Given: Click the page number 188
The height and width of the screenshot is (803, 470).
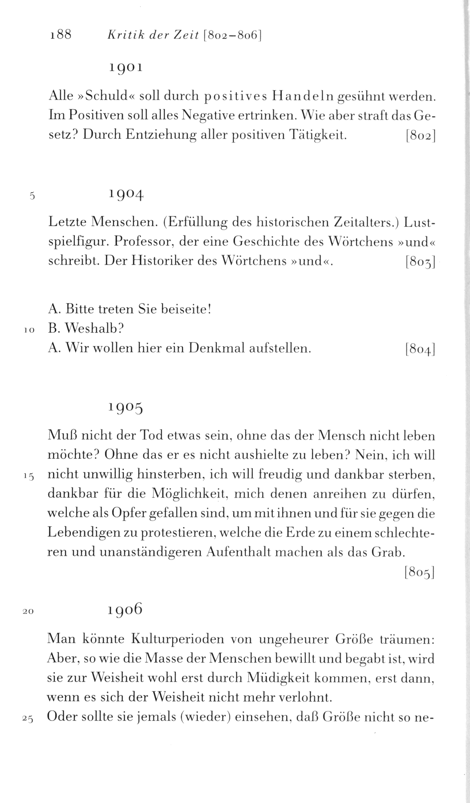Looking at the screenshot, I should pyautogui.click(x=61, y=35).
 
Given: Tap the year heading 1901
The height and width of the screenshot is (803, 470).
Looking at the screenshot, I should pyautogui.click(x=125, y=68).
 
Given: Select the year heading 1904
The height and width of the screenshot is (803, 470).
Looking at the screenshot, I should pyautogui.click(x=125, y=196).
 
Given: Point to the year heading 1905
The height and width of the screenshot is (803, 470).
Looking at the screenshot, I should pyautogui.click(x=125, y=409).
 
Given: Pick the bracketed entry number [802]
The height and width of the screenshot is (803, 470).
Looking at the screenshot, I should pyautogui.click(x=420, y=136).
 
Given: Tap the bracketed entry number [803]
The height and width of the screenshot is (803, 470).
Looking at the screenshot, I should pyautogui.click(x=420, y=262).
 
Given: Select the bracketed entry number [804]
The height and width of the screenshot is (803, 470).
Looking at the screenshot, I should pyautogui.click(x=420, y=349).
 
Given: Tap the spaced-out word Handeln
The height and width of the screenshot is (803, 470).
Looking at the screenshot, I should pyautogui.click(x=303, y=96).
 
